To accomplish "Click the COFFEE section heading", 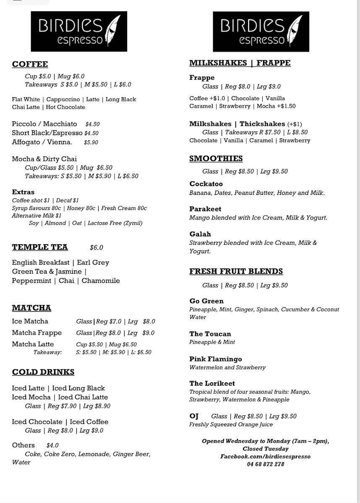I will click(x=30, y=64).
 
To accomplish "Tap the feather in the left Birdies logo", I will click(x=114, y=31).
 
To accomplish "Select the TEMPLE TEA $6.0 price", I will click(x=96, y=248).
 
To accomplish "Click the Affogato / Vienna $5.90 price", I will click(x=91, y=143).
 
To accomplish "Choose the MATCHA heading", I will click(x=31, y=308).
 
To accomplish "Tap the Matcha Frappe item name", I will click(x=37, y=333).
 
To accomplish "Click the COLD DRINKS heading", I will click(x=43, y=372).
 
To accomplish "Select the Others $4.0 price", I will click(x=52, y=446).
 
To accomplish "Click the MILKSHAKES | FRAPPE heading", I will click(x=240, y=63).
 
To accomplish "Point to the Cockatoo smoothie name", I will click(x=206, y=184).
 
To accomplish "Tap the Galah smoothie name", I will click(x=200, y=234).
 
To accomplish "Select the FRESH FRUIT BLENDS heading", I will click(x=236, y=272).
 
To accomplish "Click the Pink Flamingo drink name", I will click(x=215, y=359).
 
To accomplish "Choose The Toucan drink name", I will click(x=210, y=334).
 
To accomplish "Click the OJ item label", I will click(x=194, y=416).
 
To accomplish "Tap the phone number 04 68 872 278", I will click(x=265, y=464).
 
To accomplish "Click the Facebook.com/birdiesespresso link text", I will click(x=265, y=456).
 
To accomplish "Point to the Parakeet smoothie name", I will click(x=205, y=209).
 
